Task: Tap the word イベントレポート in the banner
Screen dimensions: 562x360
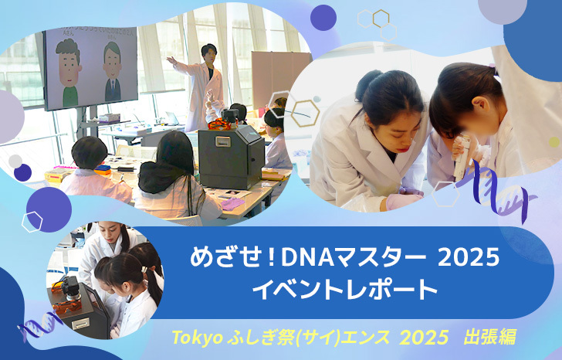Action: tap(344, 290)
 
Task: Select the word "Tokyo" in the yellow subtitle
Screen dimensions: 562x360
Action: tap(197, 338)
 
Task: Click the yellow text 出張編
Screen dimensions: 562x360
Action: tap(489, 337)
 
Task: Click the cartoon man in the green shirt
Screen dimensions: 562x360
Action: tap(69, 73)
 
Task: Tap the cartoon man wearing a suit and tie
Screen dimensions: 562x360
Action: tap(113, 72)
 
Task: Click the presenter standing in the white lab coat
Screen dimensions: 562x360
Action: tap(201, 86)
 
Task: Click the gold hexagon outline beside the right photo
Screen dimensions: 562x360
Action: tap(305, 114)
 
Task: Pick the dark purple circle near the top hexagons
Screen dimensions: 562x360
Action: tap(323, 18)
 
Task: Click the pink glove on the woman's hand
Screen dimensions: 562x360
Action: tap(403, 201)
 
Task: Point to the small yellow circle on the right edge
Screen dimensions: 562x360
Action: tap(554, 142)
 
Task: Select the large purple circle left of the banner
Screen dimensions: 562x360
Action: tap(49, 209)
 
